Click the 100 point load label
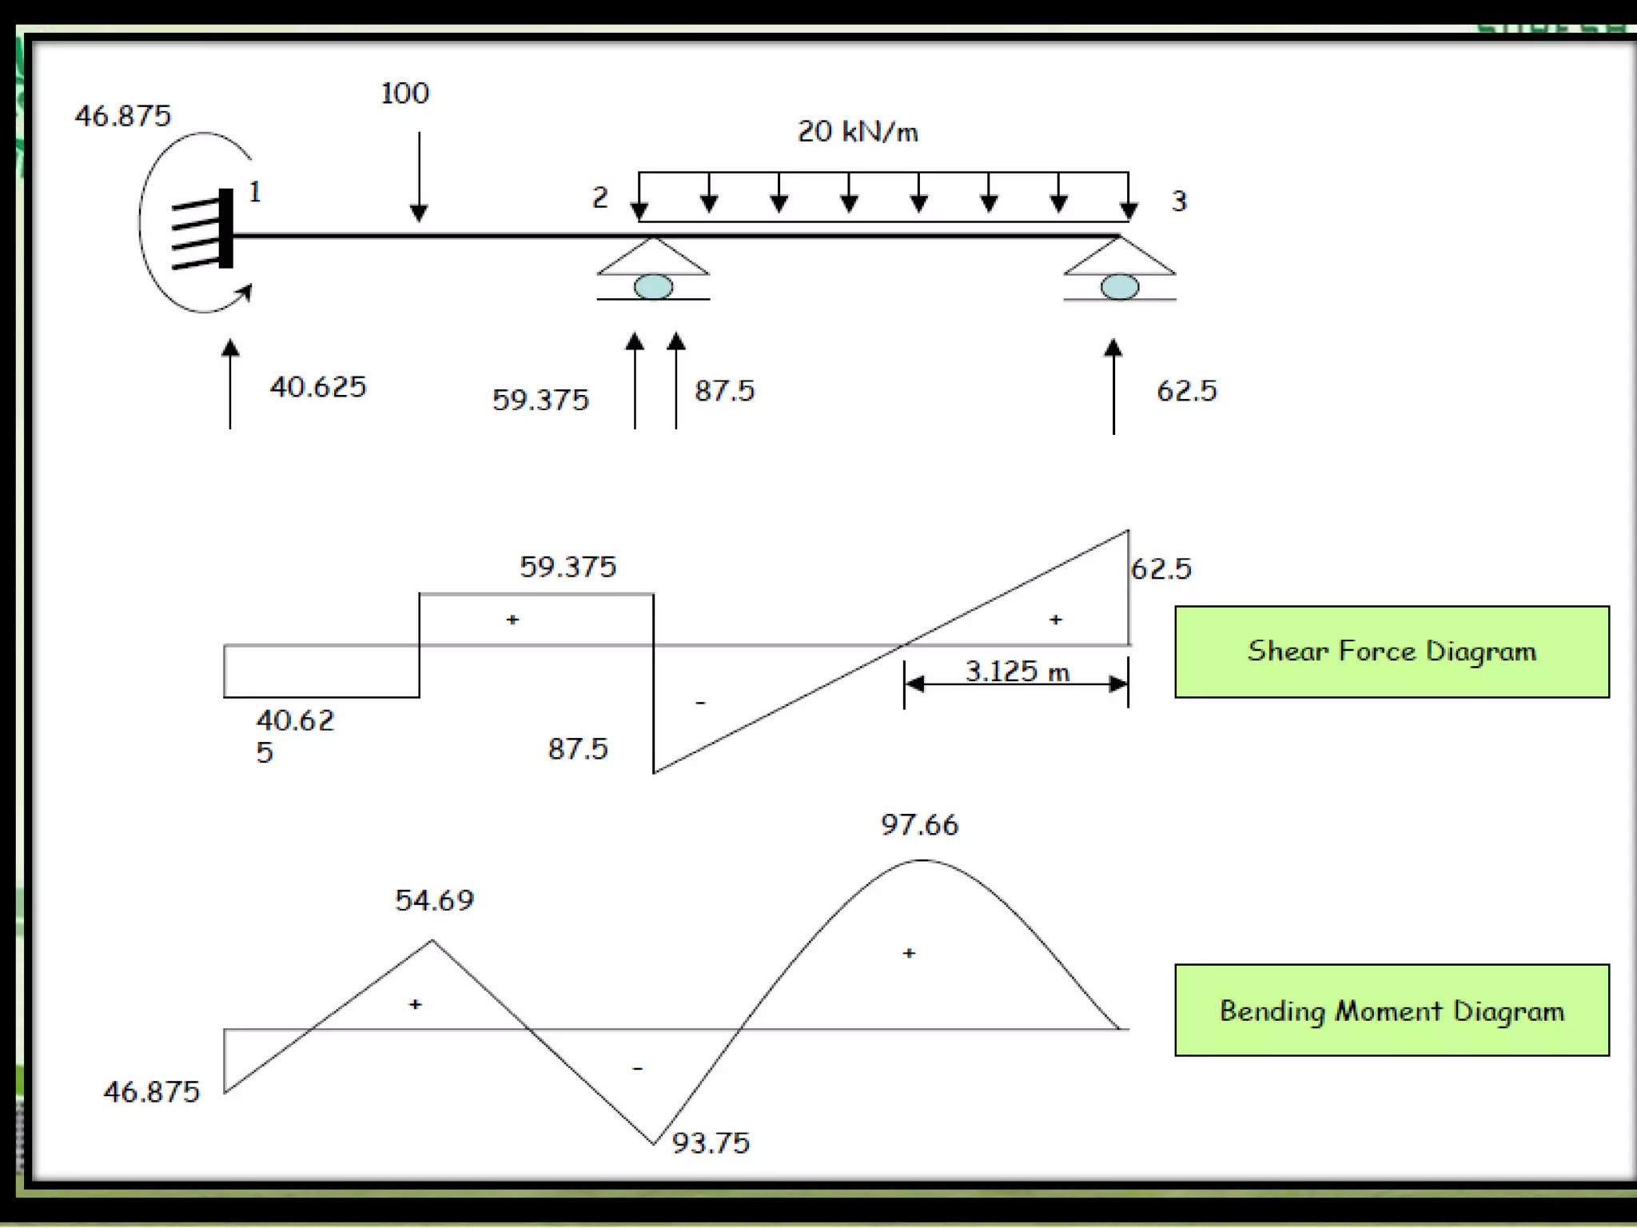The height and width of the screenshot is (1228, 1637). (x=404, y=94)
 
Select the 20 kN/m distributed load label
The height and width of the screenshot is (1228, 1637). (x=858, y=132)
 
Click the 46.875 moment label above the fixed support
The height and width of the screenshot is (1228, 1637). (x=123, y=116)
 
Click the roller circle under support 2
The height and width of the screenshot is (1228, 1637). (x=653, y=286)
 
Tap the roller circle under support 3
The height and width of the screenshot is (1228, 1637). (x=1119, y=286)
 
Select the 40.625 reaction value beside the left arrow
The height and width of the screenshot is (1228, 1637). (x=317, y=387)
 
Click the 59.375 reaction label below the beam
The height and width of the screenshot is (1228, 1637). (x=540, y=400)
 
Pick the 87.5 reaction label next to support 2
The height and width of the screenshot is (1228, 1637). (x=724, y=391)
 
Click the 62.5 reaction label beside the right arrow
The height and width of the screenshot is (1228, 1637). (x=1186, y=391)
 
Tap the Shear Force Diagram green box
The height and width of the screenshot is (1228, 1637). (x=1391, y=652)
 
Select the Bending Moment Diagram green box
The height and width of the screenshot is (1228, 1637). (x=1391, y=1011)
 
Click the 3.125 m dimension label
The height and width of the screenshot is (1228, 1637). (x=1017, y=672)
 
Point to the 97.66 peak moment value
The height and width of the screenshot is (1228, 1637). (x=919, y=825)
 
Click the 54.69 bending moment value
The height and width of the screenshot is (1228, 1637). (x=434, y=901)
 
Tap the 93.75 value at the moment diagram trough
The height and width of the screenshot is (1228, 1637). (x=711, y=1143)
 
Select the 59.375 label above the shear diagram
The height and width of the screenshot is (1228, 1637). (x=568, y=567)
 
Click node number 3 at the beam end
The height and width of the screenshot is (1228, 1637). (x=1179, y=201)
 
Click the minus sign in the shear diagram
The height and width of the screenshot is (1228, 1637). (x=700, y=703)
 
